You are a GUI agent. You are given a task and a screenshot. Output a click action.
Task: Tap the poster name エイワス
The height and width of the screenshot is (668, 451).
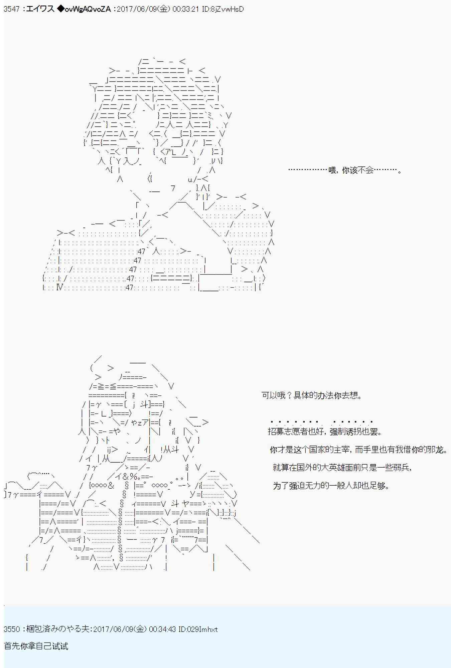[40, 9]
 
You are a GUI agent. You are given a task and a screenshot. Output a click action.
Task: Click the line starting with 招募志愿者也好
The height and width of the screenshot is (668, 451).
[325, 432]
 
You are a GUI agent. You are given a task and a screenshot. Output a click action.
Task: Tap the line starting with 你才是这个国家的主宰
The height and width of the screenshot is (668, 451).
[358, 450]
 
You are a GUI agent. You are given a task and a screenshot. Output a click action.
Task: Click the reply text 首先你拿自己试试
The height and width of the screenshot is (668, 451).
[36, 646]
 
